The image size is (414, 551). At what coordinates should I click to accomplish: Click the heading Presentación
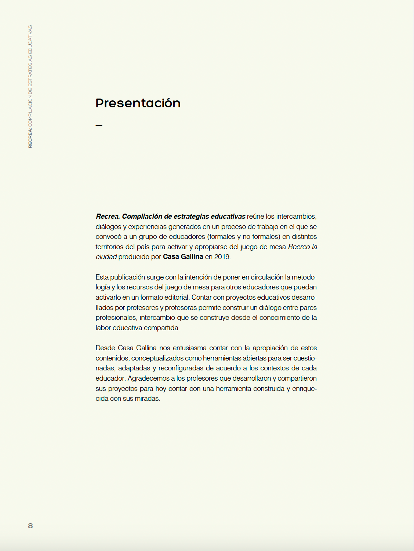coord(138,103)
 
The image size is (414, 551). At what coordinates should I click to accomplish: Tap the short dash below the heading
coord(99,125)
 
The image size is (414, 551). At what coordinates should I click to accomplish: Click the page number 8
coord(30,526)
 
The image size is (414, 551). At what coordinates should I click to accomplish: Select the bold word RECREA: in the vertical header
coord(30,138)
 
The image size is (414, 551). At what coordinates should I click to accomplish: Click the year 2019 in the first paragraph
coord(222,257)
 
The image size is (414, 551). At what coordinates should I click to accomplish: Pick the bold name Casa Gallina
coord(183,257)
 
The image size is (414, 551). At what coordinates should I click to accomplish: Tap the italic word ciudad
coord(106,257)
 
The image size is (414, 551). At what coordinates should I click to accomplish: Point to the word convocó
coord(108,237)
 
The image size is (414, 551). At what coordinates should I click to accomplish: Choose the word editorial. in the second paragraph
coord(177,297)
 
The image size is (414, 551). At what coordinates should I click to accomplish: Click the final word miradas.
coord(147,399)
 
